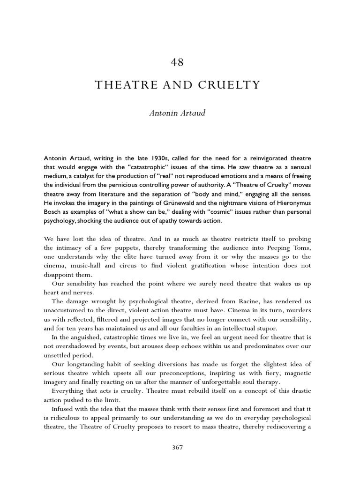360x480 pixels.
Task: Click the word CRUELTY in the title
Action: click(230, 85)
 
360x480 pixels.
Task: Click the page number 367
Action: click(178, 447)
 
